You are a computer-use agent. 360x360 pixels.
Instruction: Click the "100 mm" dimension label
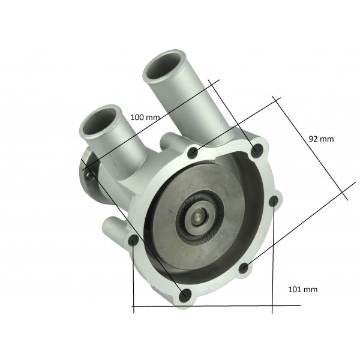(145, 118)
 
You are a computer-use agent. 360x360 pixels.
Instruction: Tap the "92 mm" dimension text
(321, 139)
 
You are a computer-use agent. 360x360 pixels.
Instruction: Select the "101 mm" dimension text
(303, 289)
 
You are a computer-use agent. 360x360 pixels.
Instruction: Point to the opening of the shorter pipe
(100, 121)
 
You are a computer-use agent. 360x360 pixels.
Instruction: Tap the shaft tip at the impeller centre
(199, 216)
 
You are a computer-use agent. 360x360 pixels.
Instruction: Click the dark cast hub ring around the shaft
(199, 216)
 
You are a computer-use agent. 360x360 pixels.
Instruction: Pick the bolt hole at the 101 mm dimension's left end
(133, 241)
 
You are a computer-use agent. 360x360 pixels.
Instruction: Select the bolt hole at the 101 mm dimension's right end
(274, 201)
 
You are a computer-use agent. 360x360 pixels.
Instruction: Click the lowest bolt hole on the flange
(185, 295)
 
